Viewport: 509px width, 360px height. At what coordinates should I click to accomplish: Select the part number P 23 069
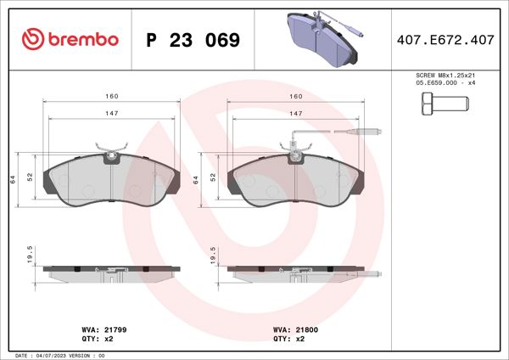[x=193, y=40]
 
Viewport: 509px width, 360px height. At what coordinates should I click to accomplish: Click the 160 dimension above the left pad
[x=111, y=97]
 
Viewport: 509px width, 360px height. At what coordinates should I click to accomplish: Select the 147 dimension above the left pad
[x=111, y=113]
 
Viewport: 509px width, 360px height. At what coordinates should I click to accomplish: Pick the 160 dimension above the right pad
[x=297, y=97]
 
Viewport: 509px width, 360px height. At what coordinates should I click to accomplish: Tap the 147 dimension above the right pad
[x=297, y=113]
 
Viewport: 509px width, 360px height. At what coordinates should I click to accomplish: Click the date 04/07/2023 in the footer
[x=62, y=355]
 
